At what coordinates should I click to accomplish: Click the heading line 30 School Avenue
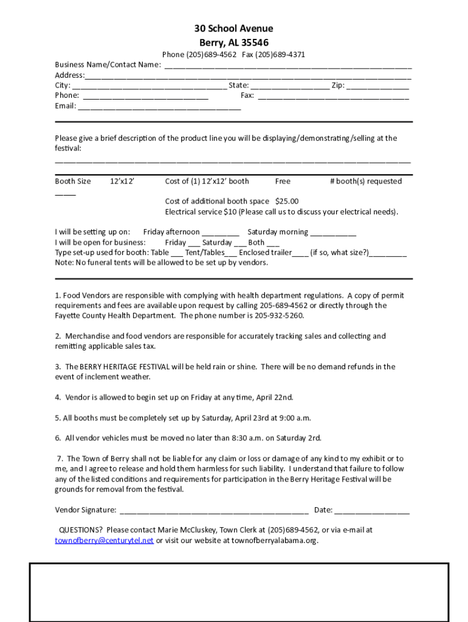tap(233, 29)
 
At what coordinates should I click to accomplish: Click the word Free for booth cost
tap(283, 181)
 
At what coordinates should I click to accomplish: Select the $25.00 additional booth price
tap(287, 202)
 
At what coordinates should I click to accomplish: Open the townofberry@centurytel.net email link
tap(104, 541)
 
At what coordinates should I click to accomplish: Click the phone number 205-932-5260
tap(278, 316)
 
